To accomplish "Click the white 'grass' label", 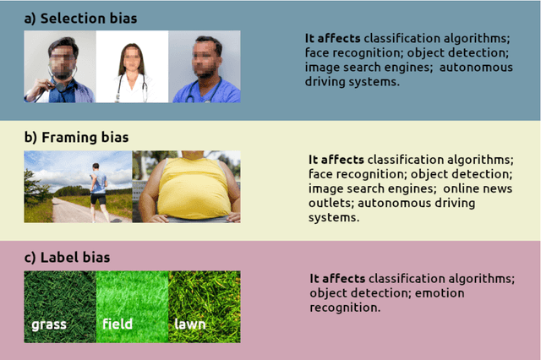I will click(x=49, y=324).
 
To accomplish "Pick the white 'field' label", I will click(x=117, y=324).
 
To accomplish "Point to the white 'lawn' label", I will click(x=190, y=324).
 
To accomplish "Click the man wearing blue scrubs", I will click(x=204, y=72).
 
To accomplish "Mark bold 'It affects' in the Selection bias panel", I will click(x=332, y=39).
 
